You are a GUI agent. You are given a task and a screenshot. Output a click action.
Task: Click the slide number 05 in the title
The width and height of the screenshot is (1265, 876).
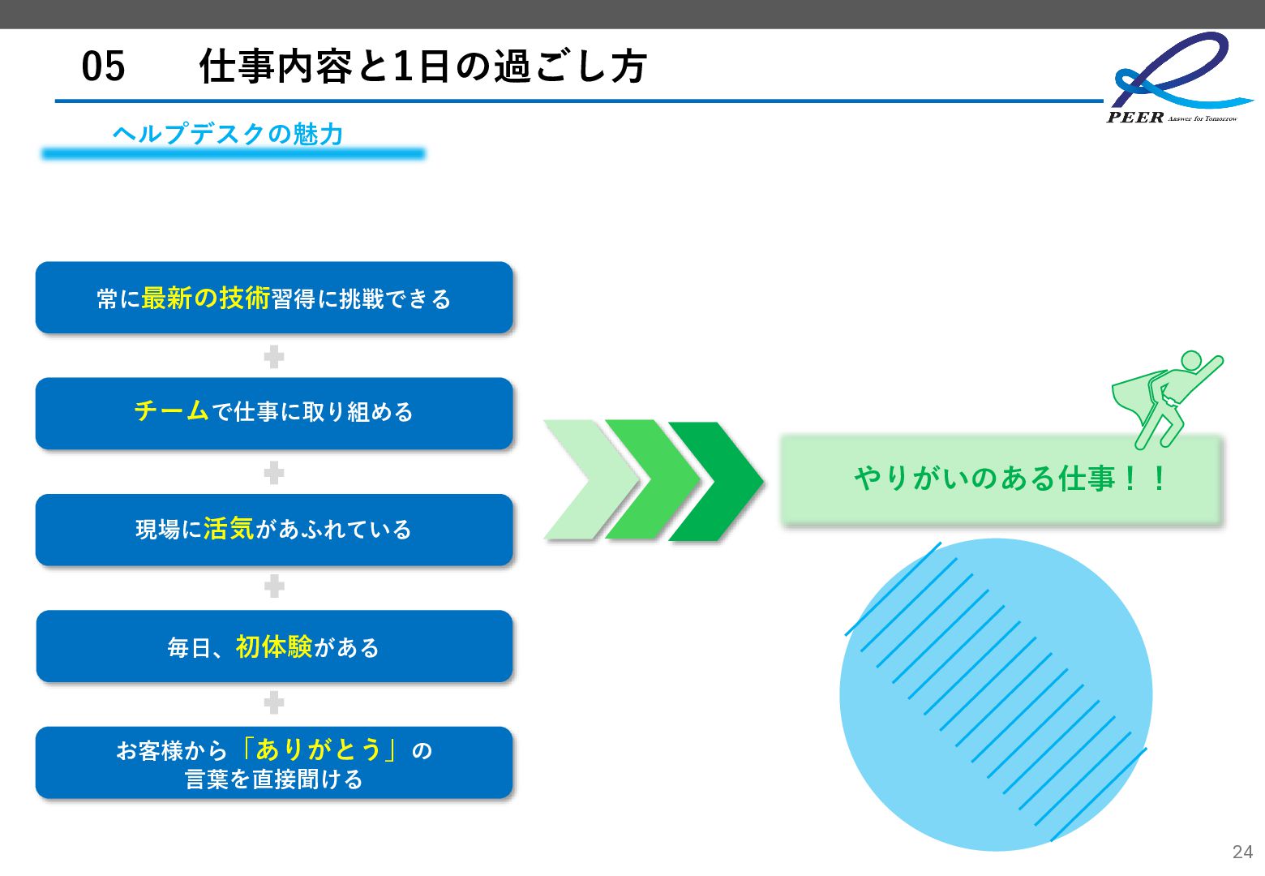coord(104,67)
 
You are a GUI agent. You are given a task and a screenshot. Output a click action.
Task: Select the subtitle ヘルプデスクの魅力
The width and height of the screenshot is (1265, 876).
coord(228,134)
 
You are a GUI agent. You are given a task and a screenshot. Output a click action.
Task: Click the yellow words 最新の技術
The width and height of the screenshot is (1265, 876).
coord(205,298)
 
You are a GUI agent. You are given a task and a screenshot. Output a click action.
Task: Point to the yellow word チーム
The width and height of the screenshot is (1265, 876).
coord(171,410)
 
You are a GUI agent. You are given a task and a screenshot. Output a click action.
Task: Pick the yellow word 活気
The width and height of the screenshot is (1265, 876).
coord(229,529)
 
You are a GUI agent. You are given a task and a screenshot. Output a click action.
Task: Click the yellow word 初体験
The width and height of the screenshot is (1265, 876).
coord(273,646)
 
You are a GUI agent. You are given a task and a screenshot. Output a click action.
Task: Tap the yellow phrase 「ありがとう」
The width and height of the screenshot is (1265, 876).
coord(319,749)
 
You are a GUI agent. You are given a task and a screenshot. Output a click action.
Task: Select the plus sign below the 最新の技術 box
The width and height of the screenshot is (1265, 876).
coord(274,356)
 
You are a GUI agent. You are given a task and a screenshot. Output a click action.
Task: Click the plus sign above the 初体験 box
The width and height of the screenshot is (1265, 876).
coord(274,586)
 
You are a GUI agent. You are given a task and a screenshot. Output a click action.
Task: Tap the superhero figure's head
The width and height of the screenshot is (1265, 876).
coord(1190,360)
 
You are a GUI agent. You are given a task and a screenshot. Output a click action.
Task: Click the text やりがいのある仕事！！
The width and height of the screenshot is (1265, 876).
coord(1010,478)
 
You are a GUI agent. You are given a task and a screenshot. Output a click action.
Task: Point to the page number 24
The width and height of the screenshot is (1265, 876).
coord(1241,852)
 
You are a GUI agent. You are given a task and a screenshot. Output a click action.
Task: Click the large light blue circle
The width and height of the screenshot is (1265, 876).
coord(996,694)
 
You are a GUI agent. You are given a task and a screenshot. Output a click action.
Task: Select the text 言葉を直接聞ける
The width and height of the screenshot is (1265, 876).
coord(273,779)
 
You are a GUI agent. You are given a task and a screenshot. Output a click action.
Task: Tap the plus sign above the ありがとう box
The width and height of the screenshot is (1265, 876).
coord(274,702)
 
